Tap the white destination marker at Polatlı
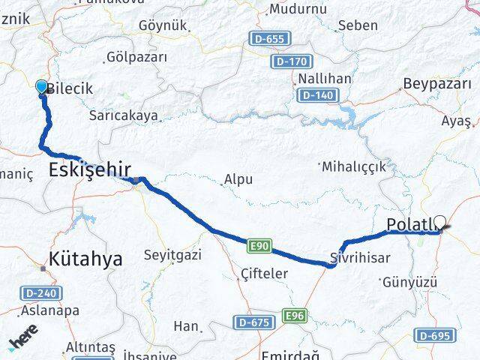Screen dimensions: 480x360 click(439, 223)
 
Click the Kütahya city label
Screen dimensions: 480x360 click(86, 259)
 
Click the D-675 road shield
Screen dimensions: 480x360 click(253, 322)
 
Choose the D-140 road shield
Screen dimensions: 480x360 click(316, 95)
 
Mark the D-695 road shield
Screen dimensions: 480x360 click(434, 337)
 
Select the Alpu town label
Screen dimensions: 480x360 click(238, 180)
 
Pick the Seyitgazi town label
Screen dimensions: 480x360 click(172, 256)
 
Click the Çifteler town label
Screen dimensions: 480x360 click(264, 274)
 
